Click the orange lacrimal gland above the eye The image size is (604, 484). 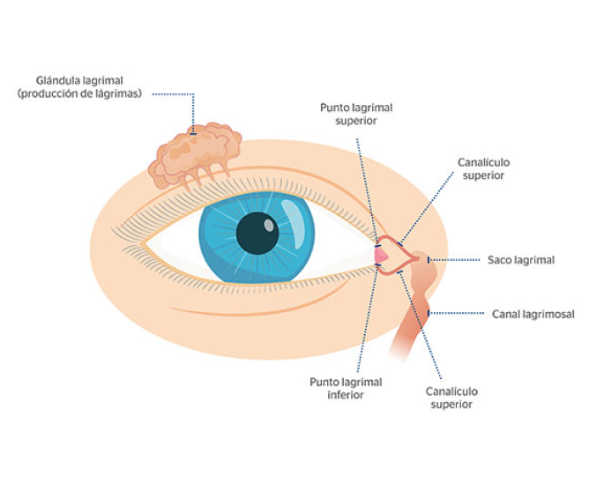(x=196, y=153)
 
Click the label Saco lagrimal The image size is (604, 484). (x=521, y=260)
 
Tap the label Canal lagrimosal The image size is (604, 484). (x=533, y=313)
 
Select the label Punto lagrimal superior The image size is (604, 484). (x=356, y=114)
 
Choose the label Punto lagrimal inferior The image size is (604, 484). (x=346, y=388)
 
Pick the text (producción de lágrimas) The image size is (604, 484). (x=79, y=93)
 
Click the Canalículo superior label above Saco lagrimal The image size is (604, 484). (x=484, y=168)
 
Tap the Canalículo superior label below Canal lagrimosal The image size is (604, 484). (x=451, y=398)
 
